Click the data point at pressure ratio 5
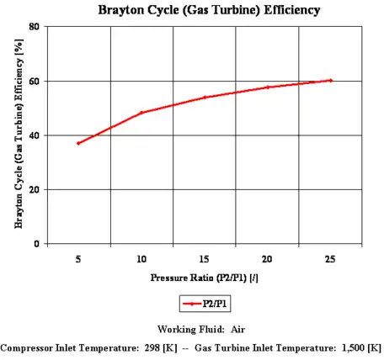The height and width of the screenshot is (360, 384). click(78, 143)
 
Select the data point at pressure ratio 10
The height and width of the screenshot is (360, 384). click(141, 113)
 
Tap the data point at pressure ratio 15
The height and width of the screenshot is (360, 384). click(205, 98)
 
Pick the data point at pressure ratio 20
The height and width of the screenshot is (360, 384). click(268, 87)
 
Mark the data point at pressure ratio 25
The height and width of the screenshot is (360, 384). click(331, 81)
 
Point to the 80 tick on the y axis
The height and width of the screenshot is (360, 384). click(36, 27)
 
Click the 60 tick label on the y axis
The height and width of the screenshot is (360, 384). click(36, 82)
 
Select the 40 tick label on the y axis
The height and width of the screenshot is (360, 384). click(36, 135)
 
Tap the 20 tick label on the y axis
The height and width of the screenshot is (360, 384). click(36, 190)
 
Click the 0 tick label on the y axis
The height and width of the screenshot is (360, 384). click(39, 244)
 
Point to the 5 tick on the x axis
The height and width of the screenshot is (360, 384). click(78, 260)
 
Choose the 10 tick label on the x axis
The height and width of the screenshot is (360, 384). click(141, 260)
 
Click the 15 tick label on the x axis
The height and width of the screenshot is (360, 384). click(205, 260)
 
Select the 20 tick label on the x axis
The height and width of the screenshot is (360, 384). click(268, 260)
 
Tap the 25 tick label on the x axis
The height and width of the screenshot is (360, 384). click(331, 260)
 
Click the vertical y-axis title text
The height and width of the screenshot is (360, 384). click(16, 135)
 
